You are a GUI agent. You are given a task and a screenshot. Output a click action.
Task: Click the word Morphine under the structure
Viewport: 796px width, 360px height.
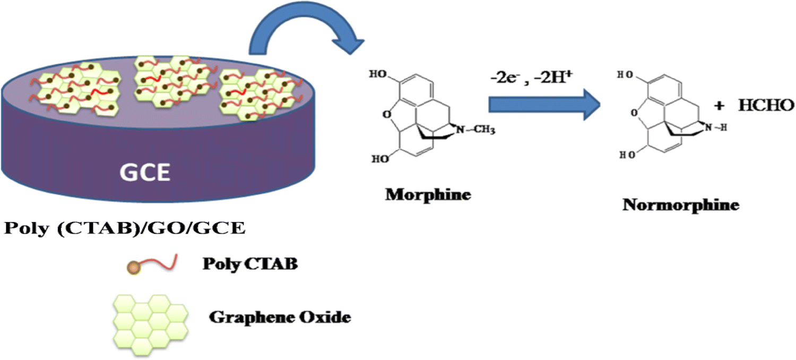point(428,194)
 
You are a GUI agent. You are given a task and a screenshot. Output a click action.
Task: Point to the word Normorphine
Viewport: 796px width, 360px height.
point(681,205)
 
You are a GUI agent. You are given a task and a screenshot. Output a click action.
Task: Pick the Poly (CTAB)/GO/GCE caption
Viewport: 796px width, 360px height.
point(125,229)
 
